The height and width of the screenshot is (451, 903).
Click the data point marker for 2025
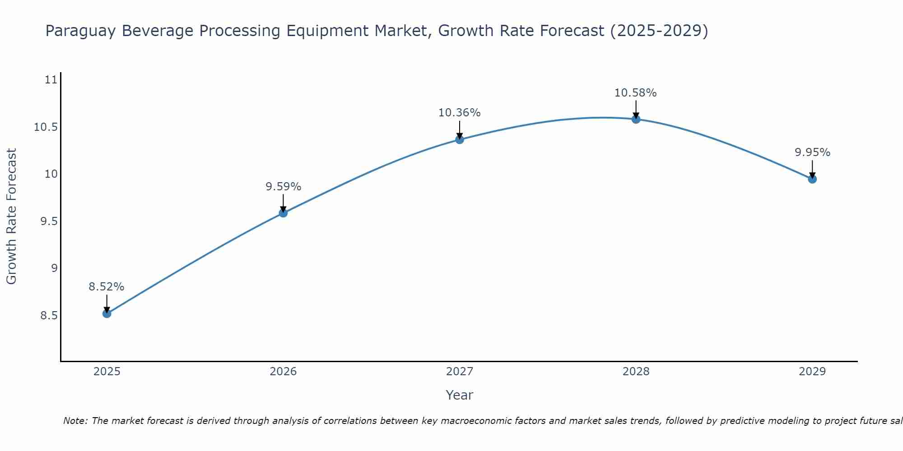click(107, 313)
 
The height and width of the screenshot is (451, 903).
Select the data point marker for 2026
click(283, 213)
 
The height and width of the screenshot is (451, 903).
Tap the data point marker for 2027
click(460, 139)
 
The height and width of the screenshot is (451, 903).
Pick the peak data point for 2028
click(636, 119)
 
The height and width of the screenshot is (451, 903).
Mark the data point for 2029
click(812, 179)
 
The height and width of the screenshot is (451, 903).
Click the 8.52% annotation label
click(107, 287)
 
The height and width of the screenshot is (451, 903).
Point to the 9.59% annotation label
click(283, 187)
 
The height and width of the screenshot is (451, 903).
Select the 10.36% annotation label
click(460, 113)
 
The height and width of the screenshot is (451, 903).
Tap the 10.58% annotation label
click(636, 93)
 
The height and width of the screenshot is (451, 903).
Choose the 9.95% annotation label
click(812, 152)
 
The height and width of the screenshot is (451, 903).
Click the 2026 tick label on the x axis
click(283, 372)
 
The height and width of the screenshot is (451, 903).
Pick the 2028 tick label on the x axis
click(636, 372)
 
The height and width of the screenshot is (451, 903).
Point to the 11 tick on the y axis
click(51, 80)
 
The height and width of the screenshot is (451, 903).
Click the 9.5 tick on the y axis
click(49, 221)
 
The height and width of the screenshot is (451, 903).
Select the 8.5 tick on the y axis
click(49, 316)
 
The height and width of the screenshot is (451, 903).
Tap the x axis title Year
click(459, 395)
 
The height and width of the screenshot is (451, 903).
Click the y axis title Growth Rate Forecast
click(11, 216)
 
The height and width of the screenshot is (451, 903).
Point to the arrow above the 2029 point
click(812, 170)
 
